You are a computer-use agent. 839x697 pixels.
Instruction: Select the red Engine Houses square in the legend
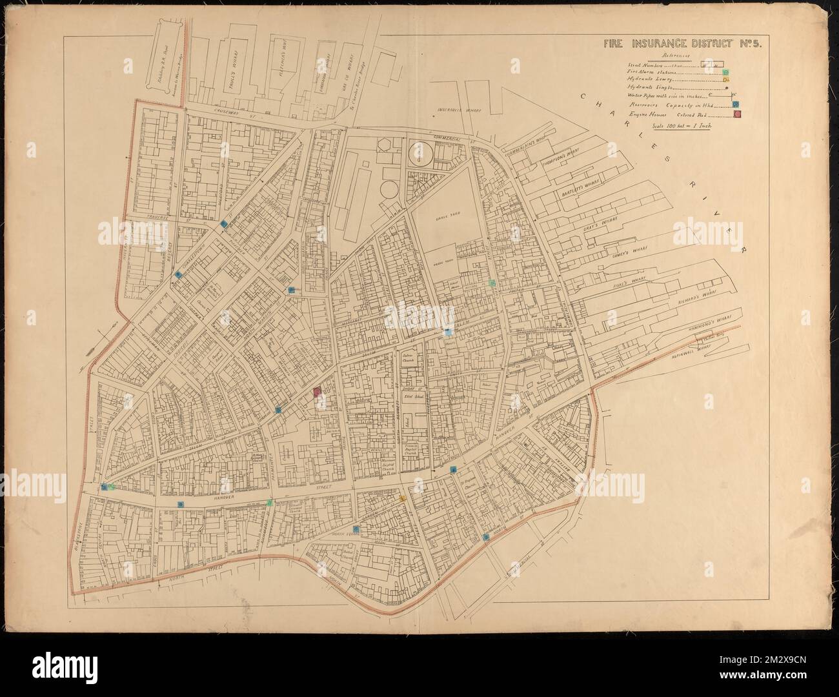pos(736,115)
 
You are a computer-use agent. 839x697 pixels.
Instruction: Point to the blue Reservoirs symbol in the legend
pos(735,105)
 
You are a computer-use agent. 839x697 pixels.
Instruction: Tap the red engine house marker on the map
pos(317,392)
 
